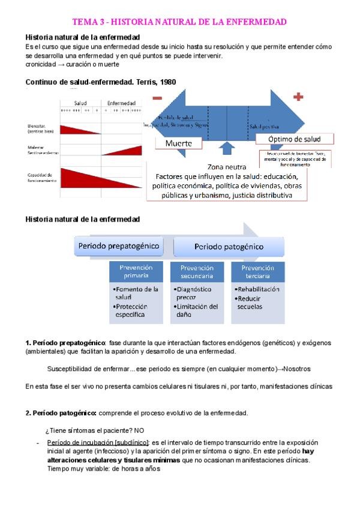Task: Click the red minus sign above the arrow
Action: click(157, 98)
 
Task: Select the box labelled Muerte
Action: click(178, 144)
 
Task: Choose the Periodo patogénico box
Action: click(229, 247)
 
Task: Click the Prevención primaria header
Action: click(136, 271)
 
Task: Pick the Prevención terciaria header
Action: click(257, 271)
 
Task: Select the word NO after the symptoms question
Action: click(139, 430)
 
